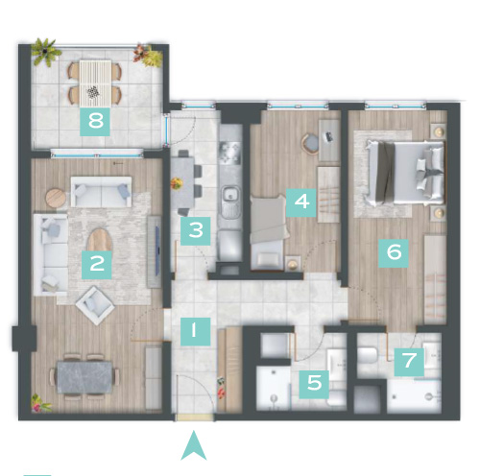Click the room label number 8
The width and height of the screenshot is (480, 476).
[x=95, y=122]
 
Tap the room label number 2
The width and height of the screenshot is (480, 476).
[x=97, y=265]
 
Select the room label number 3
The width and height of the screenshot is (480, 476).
[x=196, y=231]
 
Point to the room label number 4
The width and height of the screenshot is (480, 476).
[x=301, y=202]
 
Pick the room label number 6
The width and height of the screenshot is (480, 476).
[x=394, y=253]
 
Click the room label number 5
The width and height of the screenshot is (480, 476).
[x=314, y=384]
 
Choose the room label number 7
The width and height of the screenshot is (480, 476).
[x=409, y=362]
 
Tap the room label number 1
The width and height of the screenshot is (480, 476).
[x=195, y=331]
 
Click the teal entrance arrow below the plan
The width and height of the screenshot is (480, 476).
[x=194, y=445]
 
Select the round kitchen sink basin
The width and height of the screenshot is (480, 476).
[x=230, y=195]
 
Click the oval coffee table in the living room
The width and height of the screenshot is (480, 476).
[x=100, y=240]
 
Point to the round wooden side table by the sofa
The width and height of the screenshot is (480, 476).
[x=56, y=198]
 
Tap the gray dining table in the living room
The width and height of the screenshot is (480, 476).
[x=84, y=377]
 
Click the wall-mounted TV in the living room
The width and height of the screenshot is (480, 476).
[x=157, y=250]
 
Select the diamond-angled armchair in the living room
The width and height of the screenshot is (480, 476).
[x=95, y=305]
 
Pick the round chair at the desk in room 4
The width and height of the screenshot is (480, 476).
[x=310, y=143]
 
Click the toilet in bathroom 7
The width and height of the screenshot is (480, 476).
[x=368, y=355]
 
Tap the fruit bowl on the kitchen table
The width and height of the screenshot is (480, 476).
[x=177, y=183]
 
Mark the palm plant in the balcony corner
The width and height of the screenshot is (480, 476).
[x=46, y=52]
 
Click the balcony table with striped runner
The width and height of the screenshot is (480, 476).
[x=95, y=83]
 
